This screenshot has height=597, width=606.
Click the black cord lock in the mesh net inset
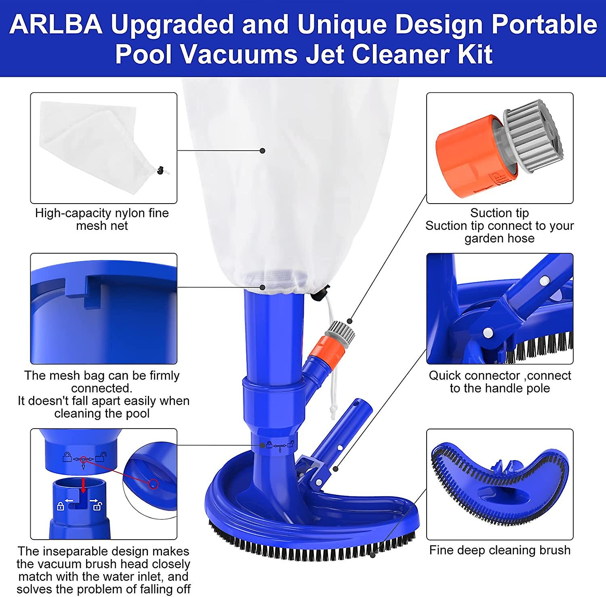(x=161, y=170)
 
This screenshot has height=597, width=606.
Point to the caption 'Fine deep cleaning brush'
(x=500, y=550)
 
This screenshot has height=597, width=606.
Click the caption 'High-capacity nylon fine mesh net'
(x=102, y=219)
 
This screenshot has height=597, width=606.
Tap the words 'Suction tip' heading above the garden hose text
(x=499, y=213)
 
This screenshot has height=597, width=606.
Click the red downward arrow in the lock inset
(x=84, y=485)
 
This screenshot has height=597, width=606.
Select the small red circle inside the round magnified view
(x=154, y=483)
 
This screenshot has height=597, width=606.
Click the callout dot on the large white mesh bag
(x=263, y=151)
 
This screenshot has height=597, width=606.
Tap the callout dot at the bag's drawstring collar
(x=263, y=288)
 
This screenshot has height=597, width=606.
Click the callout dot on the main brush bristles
(x=372, y=555)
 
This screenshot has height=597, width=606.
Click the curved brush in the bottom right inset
(x=500, y=485)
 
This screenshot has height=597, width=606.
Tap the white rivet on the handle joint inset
(x=488, y=332)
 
